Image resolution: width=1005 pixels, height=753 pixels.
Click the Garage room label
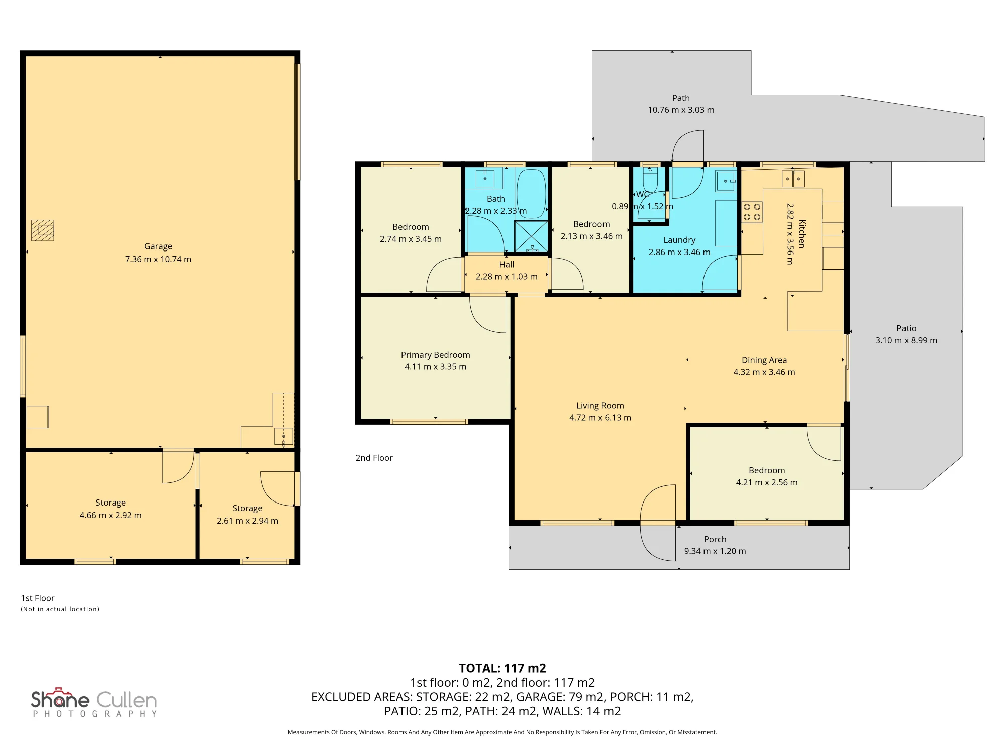[x=158, y=246]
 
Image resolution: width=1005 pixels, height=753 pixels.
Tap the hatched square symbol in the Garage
[x=43, y=230]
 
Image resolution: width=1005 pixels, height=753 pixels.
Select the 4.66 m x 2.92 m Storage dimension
[x=111, y=515]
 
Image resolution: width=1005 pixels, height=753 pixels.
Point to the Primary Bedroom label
[x=436, y=355]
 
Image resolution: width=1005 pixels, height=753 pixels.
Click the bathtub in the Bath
[x=531, y=193]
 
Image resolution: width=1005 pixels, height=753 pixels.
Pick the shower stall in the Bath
[x=531, y=236]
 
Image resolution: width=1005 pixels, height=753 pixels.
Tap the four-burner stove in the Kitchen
[x=752, y=212]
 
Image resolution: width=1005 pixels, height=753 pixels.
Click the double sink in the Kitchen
[x=793, y=179]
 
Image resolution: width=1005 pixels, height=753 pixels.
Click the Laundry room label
[x=679, y=240]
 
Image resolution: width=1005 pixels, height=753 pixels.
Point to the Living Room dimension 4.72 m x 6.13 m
[x=600, y=418]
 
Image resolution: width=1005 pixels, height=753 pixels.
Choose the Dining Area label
[x=764, y=360]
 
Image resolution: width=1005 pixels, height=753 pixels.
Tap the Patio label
[x=907, y=328]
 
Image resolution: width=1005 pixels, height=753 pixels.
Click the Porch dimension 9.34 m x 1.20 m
[x=715, y=551]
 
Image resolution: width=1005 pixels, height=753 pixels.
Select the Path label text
[x=681, y=98]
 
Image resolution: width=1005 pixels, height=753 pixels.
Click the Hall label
[x=507, y=265]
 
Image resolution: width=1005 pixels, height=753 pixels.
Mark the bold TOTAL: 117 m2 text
[x=502, y=668]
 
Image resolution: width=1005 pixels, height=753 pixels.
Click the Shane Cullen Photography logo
[x=94, y=702]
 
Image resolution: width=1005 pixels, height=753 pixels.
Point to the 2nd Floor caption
[x=374, y=458]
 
